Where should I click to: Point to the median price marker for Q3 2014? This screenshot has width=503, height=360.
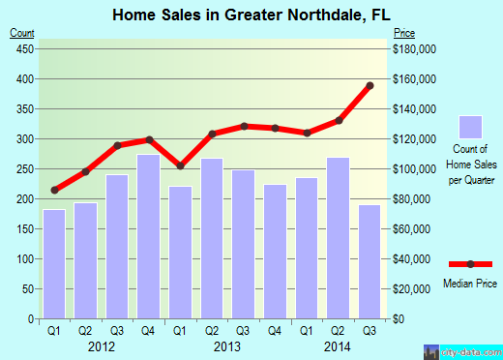(370, 85)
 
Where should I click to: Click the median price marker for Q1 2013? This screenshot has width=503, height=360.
(180, 165)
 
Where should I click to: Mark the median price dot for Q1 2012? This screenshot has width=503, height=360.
(54, 190)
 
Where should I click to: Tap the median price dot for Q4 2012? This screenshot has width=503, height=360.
(149, 140)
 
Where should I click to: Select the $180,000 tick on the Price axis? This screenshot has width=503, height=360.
(416, 48)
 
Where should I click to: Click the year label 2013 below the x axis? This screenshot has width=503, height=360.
(226, 345)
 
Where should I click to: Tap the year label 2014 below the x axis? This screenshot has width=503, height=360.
(337, 345)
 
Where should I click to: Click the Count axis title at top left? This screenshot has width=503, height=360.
(21, 33)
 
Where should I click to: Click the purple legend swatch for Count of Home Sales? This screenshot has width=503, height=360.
(470, 128)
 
